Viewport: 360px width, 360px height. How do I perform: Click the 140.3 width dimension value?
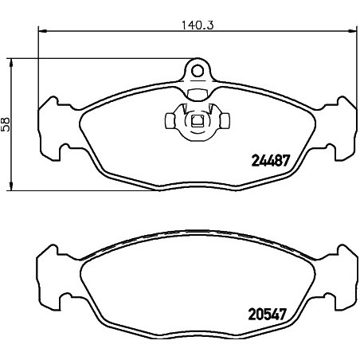coord(198,25)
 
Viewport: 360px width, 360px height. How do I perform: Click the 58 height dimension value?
coord(6,124)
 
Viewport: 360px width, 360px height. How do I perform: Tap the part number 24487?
coord(270,161)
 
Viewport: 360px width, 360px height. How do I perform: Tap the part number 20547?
coord(268,315)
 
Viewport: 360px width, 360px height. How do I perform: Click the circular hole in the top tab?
coord(198,71)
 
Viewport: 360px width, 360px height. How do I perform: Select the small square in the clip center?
coord(198,120)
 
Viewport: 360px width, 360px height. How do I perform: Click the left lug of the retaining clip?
coord(170,121)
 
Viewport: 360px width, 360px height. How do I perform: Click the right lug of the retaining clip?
coord(225,120)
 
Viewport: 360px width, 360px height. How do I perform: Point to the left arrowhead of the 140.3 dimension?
coord(43,31)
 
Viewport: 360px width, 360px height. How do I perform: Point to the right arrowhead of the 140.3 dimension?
coord(352,31)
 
